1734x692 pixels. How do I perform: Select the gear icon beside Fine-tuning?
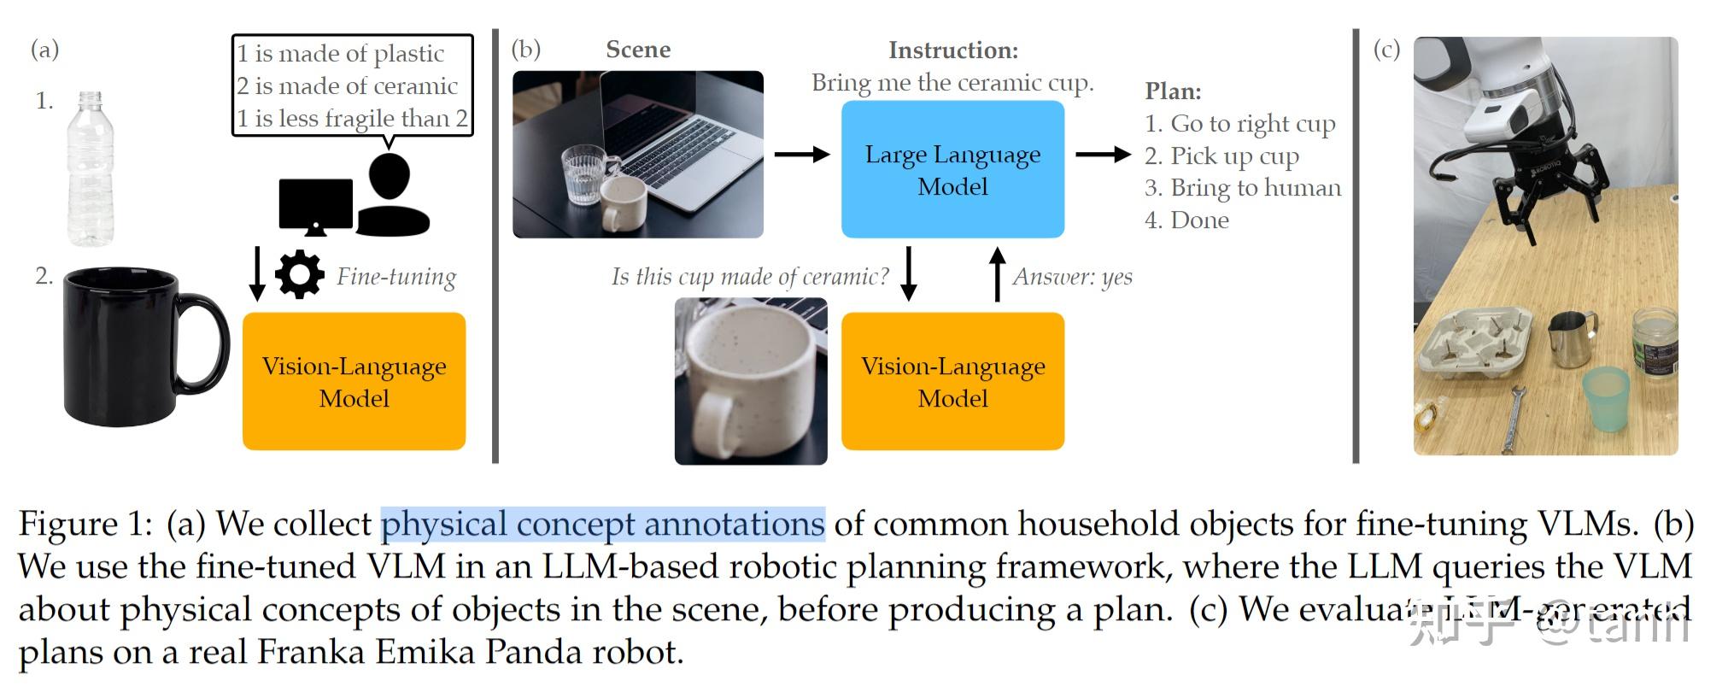point(299,275)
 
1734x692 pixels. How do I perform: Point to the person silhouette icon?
point(391,196)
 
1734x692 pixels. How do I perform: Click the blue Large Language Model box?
point(952,169)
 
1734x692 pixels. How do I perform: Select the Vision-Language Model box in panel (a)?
point(354,381)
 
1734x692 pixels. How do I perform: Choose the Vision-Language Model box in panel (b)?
point(952,381)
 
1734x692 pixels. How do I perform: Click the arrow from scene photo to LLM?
point(801,155)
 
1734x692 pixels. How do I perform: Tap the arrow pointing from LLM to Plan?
point(1103,155)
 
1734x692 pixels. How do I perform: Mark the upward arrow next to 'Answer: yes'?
point(997,274)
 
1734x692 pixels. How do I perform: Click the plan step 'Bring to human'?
point(1255,188)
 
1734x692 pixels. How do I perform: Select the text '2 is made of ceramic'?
point(347,86)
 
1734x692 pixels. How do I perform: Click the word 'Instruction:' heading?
point(953,50)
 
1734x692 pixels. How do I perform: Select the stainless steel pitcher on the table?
point(1573,338)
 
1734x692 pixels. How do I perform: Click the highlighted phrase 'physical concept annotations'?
point(603,524)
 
